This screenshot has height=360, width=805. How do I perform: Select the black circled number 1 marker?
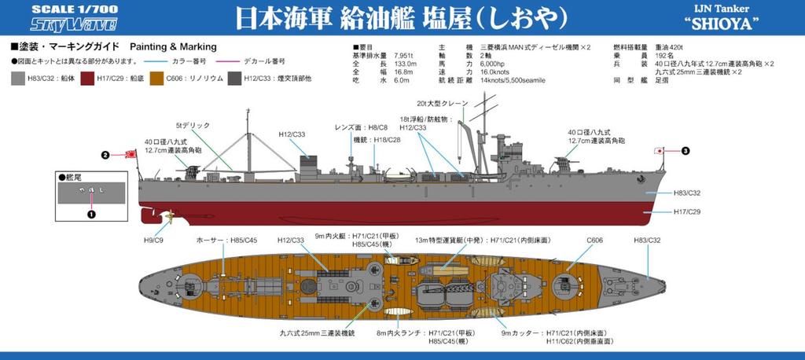pyautogui.click(x=90, y=212)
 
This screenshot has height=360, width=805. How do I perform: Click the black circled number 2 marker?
pyautogui.click(x=105, y=155)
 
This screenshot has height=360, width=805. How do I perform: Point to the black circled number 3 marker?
pyautogui.click(x=685, y=151)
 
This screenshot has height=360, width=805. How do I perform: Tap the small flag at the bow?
pyautogui.click(x=661, y=150)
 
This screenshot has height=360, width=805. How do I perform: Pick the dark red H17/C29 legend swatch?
pyautogui.click(x=89, y=79)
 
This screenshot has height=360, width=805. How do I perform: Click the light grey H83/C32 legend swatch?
pyautogui.click(x=18, y=79)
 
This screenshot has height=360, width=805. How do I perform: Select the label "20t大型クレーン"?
pyautogui.click(x=444, y=103)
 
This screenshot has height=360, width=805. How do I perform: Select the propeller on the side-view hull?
pyautogui.click(x=168, y=214)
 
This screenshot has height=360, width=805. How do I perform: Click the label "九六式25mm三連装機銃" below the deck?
pyautogui.click(x=318, y=333)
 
